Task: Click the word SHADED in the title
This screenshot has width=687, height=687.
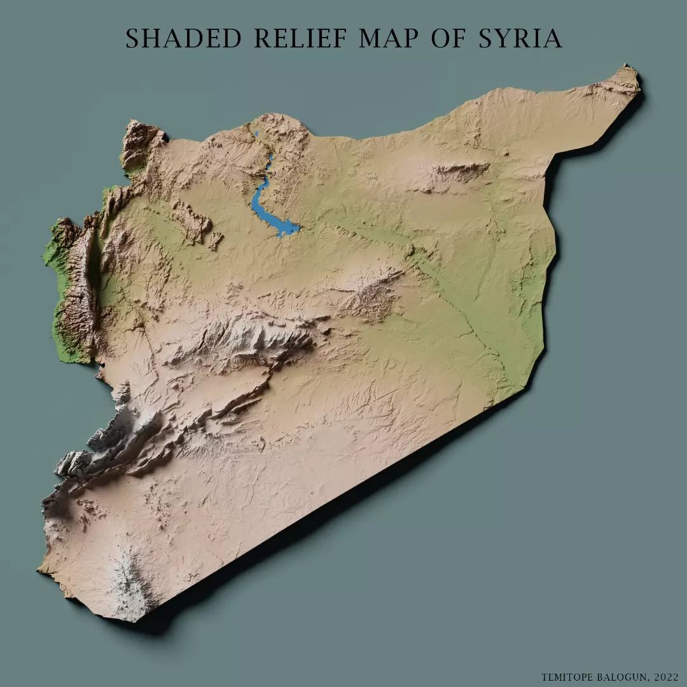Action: click(184, 39)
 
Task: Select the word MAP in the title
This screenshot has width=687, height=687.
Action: click(390, 39)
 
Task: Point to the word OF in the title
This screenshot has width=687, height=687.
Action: click(448, 39)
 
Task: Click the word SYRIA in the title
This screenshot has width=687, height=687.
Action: click(519, 39)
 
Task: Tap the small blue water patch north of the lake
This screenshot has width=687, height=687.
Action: click(256, 135)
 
